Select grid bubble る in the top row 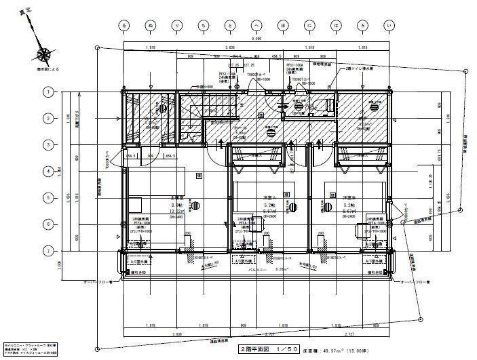(123, 26)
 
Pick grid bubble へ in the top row (256, 26)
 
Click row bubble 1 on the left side (49, 91)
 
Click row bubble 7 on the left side (49, 251)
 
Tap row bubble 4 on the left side (49, 171)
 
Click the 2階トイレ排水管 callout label (353, 68)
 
